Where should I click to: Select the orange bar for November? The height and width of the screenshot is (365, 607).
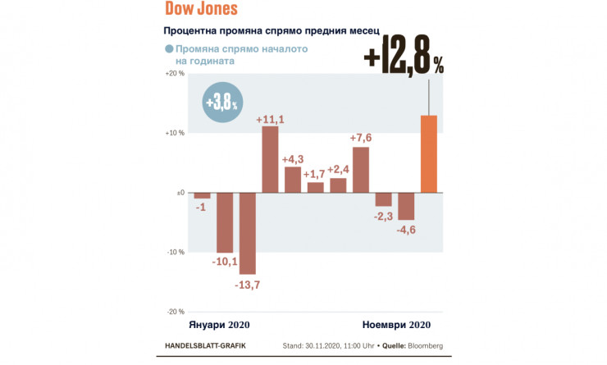click(429, 154)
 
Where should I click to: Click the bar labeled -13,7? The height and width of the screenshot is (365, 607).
click(248, 234)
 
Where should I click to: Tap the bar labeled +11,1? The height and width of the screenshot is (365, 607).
click(271, 160)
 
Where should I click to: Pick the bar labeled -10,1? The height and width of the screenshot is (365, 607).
click(225, 223)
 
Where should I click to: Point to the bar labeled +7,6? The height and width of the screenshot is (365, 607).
click(361, 170)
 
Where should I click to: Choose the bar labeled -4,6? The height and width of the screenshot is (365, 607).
click(406, 207)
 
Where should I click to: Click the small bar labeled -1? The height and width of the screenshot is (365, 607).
click(203, 196)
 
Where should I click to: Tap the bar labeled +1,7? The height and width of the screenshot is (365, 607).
click(316, 188)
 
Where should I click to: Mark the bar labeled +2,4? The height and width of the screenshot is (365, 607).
click(338, 185)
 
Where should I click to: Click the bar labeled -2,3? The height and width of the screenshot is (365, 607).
click(383, 200)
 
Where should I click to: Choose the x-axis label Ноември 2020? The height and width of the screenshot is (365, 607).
click(396, 324)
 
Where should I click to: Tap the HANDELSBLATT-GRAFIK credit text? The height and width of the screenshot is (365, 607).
click(205, 346)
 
